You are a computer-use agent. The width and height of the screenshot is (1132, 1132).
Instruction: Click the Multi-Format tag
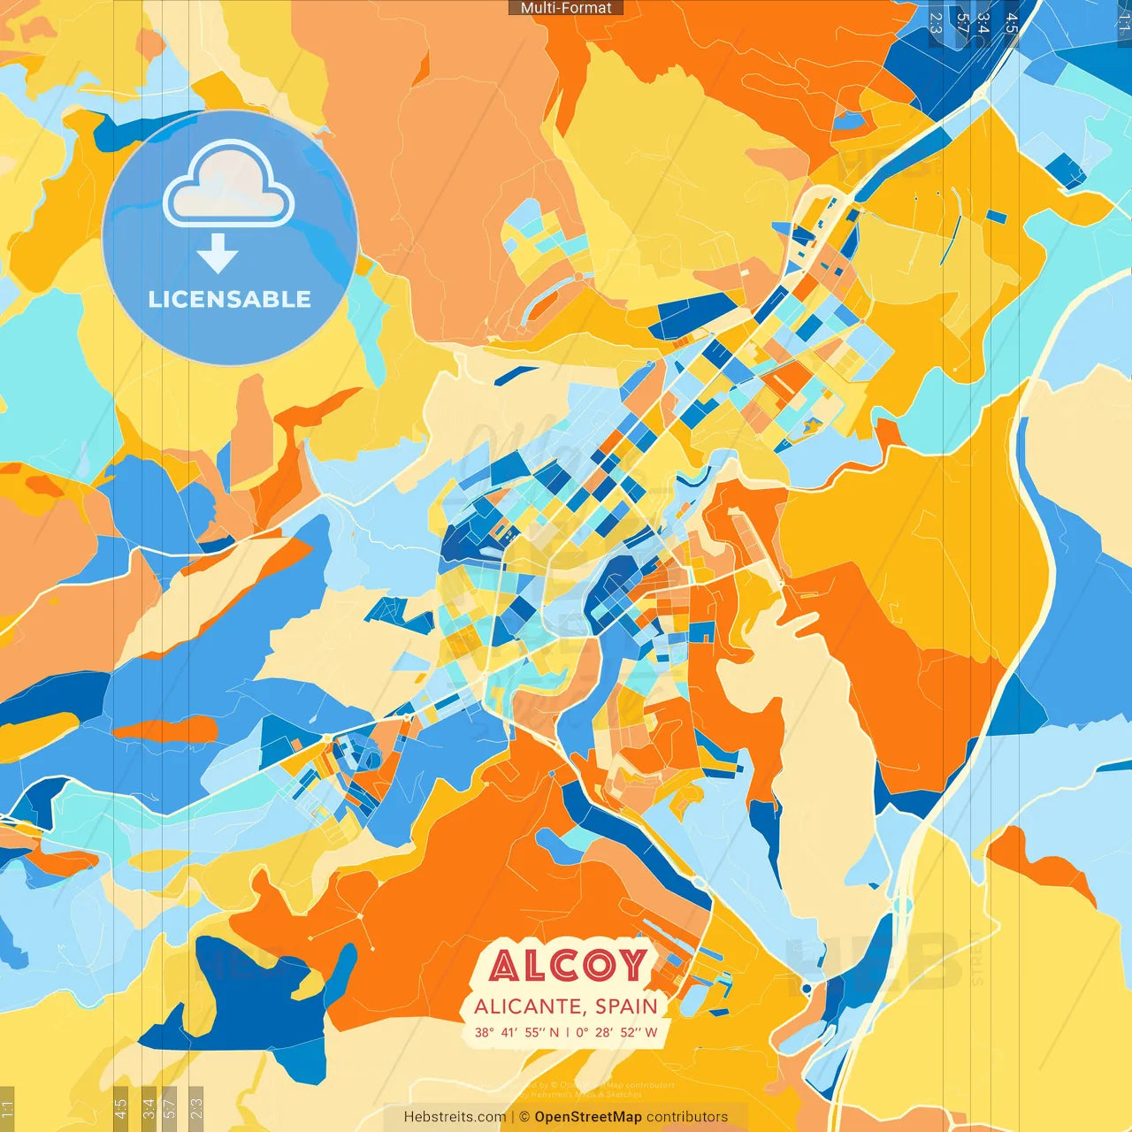[566, 8]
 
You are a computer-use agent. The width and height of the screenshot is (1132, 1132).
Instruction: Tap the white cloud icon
[229, 186]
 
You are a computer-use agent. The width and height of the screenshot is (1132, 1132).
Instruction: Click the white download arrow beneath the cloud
[218, 254]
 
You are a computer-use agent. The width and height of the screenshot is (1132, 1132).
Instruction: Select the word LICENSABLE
[230, 299]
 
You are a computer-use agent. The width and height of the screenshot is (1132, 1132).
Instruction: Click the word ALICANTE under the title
[528, 1006]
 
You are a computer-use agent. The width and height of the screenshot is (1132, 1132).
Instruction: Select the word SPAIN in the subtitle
[626, 1006]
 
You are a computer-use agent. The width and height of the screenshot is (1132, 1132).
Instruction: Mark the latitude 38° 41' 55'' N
[516, 1032]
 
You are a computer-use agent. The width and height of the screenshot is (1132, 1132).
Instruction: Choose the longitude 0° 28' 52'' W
[617, 1032]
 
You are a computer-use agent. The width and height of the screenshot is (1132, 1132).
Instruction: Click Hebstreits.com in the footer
[455, 1117]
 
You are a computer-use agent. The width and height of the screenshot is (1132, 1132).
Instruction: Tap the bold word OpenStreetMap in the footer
[588, 1117]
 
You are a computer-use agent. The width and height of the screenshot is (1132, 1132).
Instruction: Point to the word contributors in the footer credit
[687, 1117]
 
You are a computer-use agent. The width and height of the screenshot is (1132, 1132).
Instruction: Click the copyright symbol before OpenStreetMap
[524, 1117]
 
